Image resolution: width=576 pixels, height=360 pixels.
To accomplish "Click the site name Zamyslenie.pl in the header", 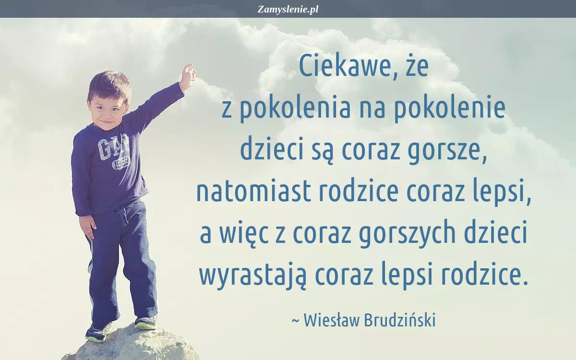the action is tap(288, 10).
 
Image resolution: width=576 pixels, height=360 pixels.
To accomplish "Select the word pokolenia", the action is tap(296, 108).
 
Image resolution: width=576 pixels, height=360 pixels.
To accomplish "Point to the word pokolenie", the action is tap(450, 108).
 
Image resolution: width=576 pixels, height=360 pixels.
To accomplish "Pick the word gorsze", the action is tap(447, 152).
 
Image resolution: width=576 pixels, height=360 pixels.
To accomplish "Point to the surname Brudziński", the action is tap(400, 321).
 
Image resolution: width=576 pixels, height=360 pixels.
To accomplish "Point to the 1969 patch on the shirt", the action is tap(121, 164).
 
